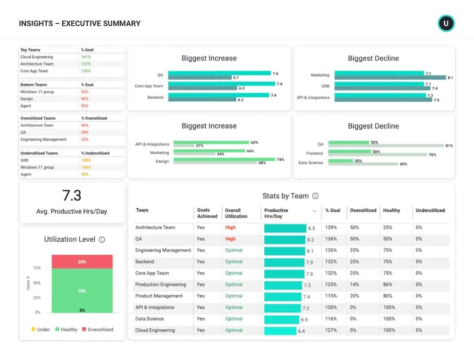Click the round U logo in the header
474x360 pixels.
pyautogui.click(x=446, y=23)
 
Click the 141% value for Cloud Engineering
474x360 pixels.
pyautogui.click(x=86, y=57)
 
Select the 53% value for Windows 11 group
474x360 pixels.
pyautogui.click(x=85, y=92)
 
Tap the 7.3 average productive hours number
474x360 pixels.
pyautogui.click(x=72, y=195)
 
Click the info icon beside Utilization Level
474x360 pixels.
pyautogui.click(x=102, y=239)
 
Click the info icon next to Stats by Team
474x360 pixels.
pyautogui.click(x=315, y=196)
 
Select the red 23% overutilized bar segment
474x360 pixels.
pyautogui.click(x=82, y=262)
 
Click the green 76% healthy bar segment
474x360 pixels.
pyautogui.click(x=82, y=291)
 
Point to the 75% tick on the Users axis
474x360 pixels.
pyautogui.click(x=37, y=268)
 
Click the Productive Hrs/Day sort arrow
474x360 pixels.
pyautogui.click(x=314, y=211)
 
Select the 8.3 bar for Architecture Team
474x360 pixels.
pyautogui.click(x=285, y=228)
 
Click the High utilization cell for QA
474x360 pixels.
pyautogui.click(x=230, y=239)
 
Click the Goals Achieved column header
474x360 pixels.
pyautogui.click(x=207, y=213)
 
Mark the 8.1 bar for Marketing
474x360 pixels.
pyautogui.click(x=390, y=78)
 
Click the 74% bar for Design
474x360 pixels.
pyautogui.click(x=224, y=160)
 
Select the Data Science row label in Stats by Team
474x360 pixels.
pyautogui.click(x=150, y=319)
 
